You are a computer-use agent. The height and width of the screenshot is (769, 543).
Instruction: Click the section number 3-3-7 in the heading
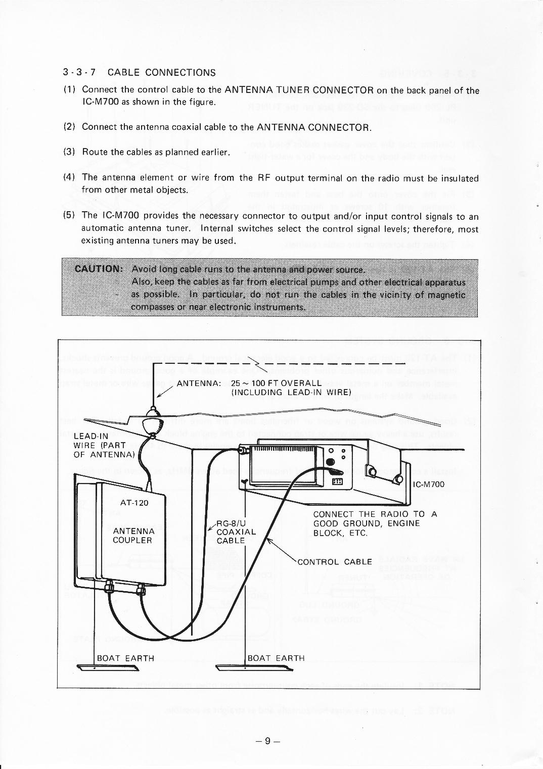point(79,73)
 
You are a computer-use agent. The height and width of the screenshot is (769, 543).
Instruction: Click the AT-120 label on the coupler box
point(134,503)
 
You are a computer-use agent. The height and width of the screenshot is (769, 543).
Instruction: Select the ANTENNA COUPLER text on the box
point(133,536)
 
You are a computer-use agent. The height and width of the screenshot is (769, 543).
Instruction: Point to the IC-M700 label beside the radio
point(429,485)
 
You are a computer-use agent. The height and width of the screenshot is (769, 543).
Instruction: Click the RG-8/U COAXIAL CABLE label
point(236,532)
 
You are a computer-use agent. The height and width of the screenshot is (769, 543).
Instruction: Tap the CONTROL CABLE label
point(335,562)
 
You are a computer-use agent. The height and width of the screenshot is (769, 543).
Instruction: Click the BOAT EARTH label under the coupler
point(125,658)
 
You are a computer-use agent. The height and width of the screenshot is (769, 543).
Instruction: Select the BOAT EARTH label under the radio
point(276,658)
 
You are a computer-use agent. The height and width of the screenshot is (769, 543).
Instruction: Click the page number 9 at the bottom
point(268,741)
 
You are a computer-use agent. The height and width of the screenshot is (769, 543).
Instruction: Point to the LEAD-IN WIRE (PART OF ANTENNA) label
point(104,445)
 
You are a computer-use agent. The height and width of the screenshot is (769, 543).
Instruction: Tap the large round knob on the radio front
point(331,462)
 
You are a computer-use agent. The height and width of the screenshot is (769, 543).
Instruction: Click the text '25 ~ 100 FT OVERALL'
point(276,383)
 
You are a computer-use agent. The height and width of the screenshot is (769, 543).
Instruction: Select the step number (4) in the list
point(69,178)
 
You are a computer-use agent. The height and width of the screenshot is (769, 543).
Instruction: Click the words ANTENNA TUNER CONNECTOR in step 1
point(299,90)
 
